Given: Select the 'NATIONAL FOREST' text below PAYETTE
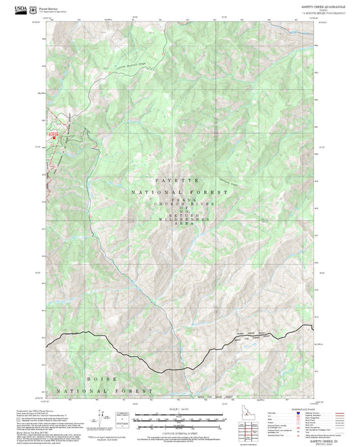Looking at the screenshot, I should (x=179, y=192).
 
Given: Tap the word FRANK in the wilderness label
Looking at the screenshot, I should (x=179, y=200).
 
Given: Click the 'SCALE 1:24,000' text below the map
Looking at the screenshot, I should (x=180, y=409).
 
